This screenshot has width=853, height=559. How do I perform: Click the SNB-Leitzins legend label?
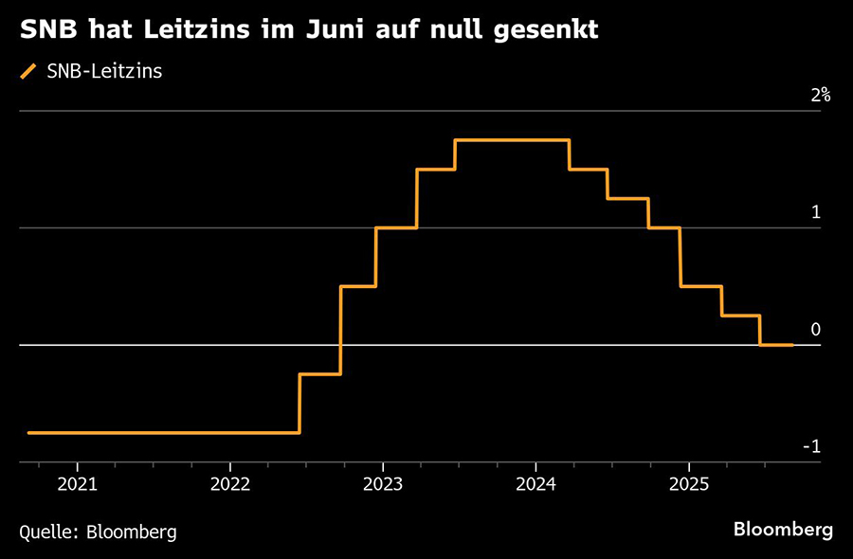103,72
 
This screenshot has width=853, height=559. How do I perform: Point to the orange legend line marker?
27,72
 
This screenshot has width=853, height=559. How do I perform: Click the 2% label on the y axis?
820,95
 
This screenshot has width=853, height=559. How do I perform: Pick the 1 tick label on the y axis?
815,212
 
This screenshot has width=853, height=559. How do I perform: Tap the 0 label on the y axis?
815,330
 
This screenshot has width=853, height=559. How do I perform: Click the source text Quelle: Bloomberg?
98,532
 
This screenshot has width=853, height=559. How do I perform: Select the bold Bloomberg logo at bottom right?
783,530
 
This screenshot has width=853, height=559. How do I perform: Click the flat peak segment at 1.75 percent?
512,140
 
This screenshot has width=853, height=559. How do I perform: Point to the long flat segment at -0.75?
161,433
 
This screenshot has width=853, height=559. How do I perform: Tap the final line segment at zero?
776,345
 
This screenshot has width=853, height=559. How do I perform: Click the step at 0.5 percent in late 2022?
358,286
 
